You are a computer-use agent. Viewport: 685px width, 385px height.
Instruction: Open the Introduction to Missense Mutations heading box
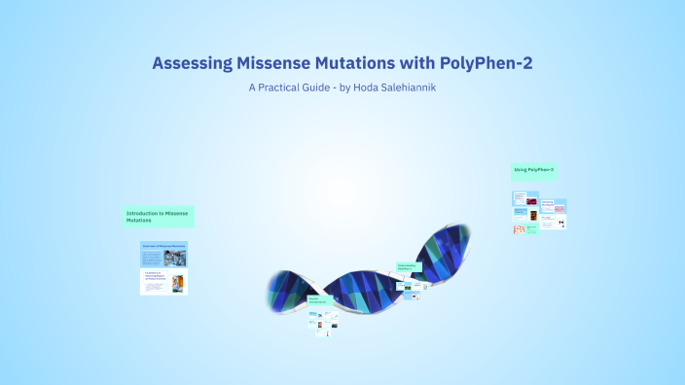[159, 216]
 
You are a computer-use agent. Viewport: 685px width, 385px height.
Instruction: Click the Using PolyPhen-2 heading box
[534, 171]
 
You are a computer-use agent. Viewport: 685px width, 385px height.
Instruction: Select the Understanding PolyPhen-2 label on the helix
[408, 266]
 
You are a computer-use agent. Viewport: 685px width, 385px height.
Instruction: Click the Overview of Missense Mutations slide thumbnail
[163, 254]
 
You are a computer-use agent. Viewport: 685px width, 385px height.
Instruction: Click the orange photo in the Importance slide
[177, 283]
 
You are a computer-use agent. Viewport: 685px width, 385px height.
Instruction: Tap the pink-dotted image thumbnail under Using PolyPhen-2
[520, 229]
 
